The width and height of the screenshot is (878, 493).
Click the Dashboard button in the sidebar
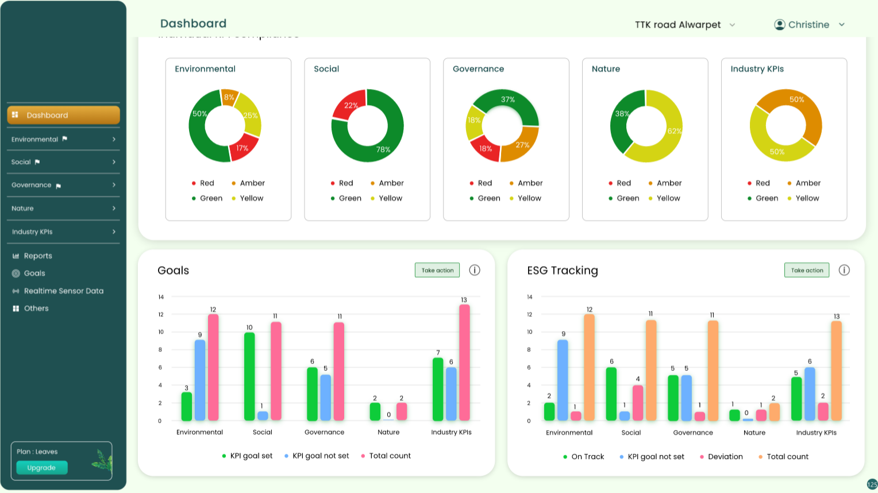pos(63,115)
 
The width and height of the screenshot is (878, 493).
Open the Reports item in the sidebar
pos(38,256)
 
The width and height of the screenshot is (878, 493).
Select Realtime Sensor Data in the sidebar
pos(63,291)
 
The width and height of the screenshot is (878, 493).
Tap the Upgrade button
pos(42,468)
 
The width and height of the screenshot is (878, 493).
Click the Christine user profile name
pos(808,25)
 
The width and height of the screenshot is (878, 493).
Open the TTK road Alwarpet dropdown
pos(684,25)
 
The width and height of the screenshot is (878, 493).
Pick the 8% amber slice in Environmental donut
pos(229,97)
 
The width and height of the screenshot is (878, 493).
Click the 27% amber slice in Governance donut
pos(522,144)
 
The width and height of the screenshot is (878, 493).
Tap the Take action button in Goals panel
pos(437,270)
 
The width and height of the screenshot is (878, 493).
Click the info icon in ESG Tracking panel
pos(844,270)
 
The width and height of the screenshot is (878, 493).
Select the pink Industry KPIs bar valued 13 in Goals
pos(464,362)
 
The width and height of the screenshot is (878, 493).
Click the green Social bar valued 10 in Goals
pos(249,376)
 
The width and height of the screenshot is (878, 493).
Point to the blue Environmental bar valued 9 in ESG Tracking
pos(563,379)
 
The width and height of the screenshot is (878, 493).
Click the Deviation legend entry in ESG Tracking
pos(725,457)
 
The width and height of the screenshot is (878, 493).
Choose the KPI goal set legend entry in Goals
pos(251,456)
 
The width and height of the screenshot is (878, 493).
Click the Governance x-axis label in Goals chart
pos(324,432)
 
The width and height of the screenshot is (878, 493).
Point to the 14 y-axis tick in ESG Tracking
pos(529,297)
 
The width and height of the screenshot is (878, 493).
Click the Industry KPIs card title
pos(757,69)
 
